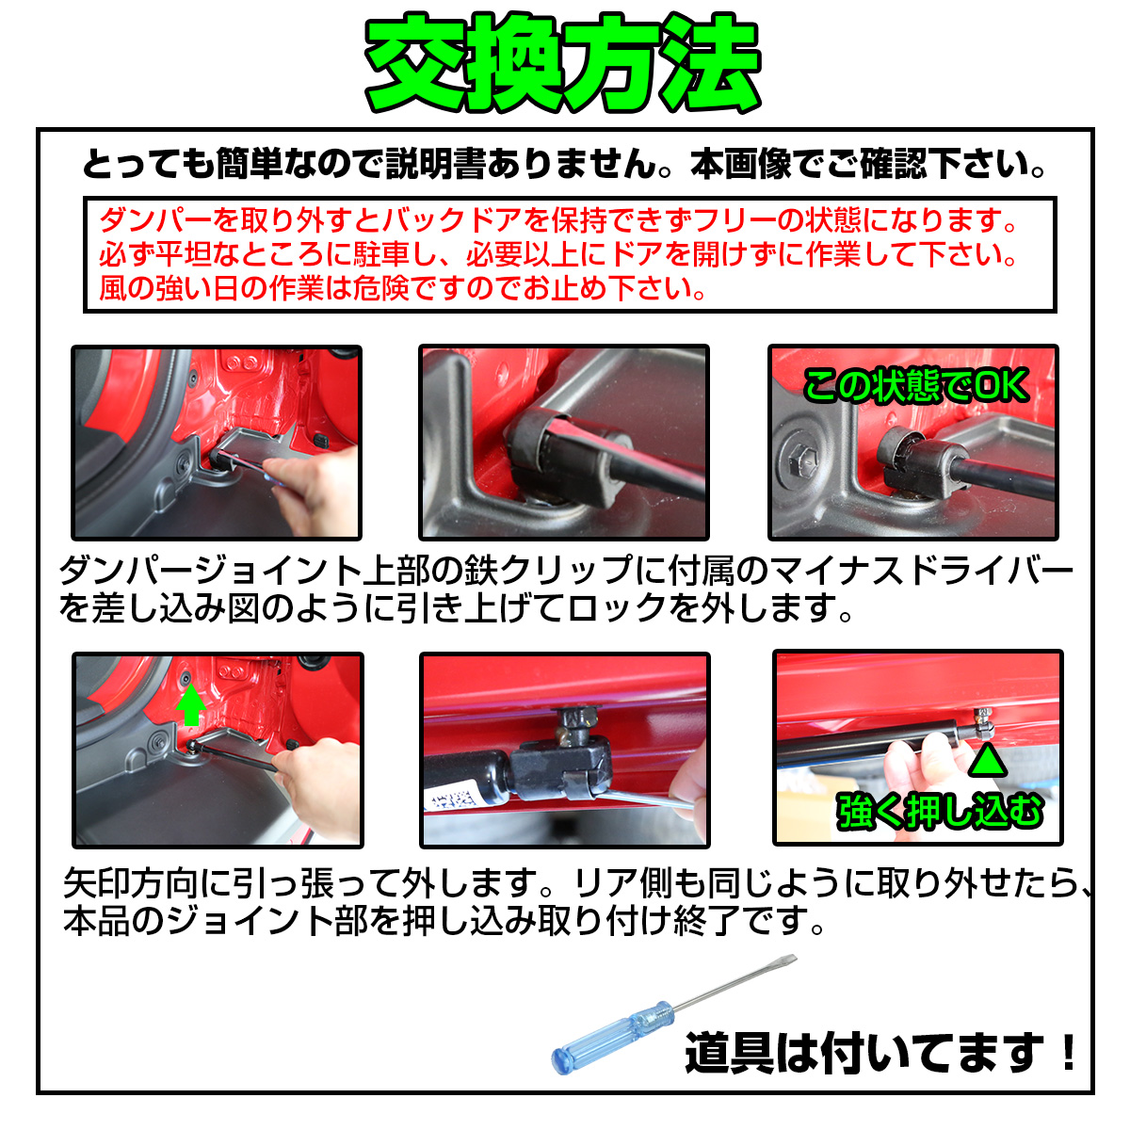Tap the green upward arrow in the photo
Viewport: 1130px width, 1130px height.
(190, 705)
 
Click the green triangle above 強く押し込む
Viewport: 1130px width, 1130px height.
(988, 760)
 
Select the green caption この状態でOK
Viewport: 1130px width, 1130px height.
(915, 386)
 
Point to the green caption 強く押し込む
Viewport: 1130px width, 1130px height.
(940, 811)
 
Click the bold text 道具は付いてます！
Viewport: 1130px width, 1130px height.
(880, 1054)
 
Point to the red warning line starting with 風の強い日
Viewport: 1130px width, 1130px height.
(402, 288)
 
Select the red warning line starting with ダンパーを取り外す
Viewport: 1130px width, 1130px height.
(557, 220)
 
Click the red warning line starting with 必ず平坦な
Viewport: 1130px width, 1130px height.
(557, 254)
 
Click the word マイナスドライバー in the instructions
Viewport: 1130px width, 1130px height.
(920, 571)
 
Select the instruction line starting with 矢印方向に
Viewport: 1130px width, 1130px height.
(577, 883)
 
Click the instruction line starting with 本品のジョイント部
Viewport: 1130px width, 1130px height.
(444, 921)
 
